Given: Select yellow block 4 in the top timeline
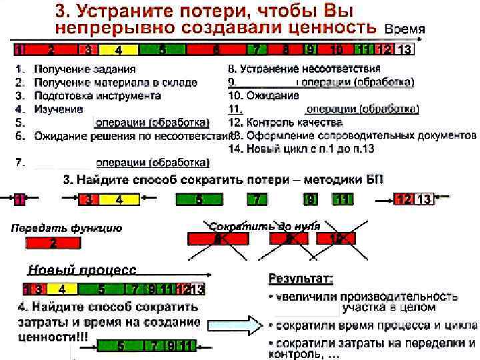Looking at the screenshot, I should coord(118,50).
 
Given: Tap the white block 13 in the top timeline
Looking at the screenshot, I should coord(404,50).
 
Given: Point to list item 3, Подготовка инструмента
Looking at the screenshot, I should coord(97,95).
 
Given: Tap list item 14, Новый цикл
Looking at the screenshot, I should coord(301,149).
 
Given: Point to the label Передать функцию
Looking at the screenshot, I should coord(67,229).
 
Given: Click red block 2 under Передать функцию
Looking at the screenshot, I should coord(53,243).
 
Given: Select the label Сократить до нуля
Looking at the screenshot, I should coord(265,227).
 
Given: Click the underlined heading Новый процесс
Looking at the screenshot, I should coord(82,270).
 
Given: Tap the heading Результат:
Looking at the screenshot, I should coord(301,277).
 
